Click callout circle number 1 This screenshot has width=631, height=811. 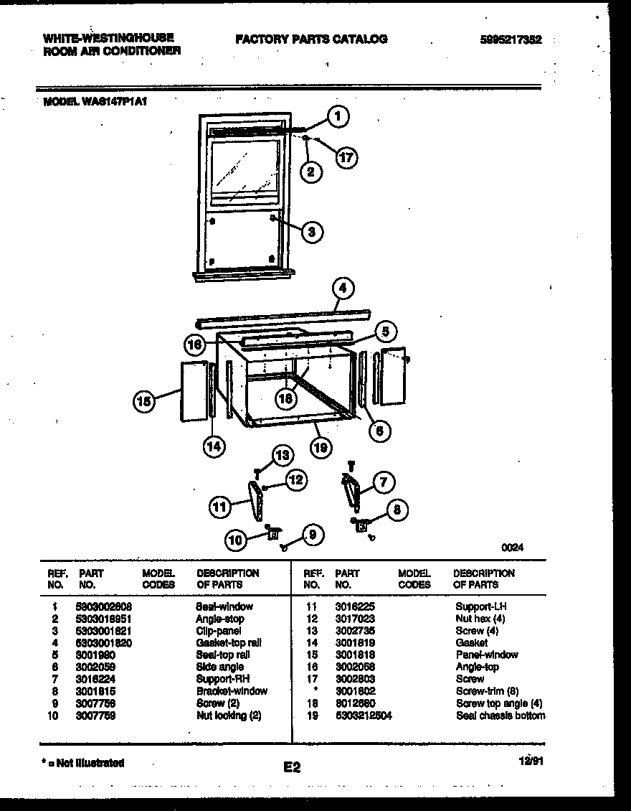338,116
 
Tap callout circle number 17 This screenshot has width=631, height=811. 346,157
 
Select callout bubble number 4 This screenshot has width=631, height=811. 343,289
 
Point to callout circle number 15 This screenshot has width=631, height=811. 145,401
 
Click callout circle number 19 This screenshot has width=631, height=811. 321,448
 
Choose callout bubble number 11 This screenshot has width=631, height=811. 221,507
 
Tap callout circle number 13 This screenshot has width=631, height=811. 283,455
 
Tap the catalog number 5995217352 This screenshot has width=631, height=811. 511,40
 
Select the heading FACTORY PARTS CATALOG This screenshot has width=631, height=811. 311,39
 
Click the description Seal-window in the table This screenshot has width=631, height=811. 224,606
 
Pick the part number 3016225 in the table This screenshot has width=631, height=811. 355,606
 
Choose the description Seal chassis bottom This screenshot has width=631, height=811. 500,716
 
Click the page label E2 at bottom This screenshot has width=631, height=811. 292,768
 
